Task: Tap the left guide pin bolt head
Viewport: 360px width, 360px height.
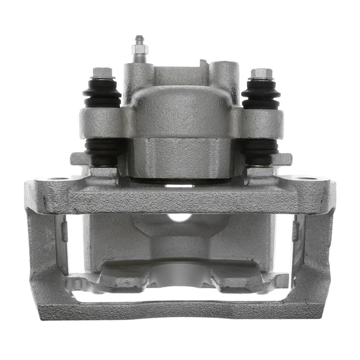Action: [x=103, y=73]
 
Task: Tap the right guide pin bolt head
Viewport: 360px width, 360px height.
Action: [x=260, y=73]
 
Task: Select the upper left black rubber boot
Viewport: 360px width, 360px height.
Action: [x=102, y=94]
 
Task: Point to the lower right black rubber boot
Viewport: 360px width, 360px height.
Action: [x=260, y=148]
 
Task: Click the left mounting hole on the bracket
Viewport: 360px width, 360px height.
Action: [x=58, y=179]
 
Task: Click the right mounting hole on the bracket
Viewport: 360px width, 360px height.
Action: [x=307, y=179]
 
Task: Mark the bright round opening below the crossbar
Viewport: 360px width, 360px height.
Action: [x=180, y=218]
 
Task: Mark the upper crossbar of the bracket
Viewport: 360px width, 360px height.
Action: [x=180, y=198]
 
